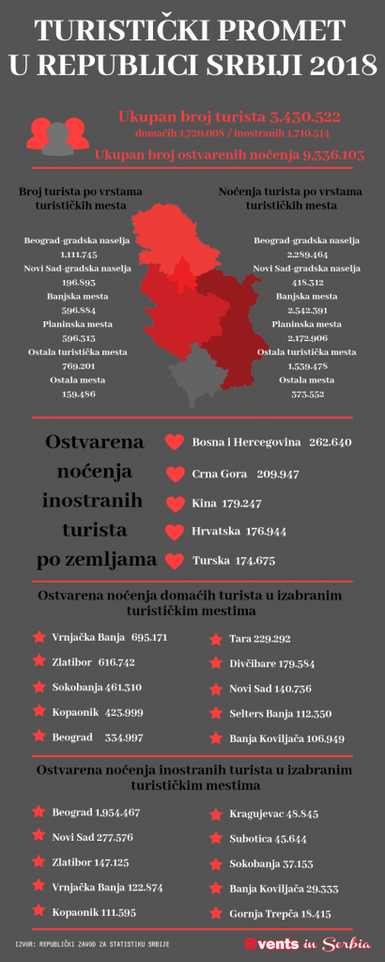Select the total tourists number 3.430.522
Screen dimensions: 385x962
click(x=312, y=117)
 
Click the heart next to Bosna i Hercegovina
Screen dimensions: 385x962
click(x=173, y=442)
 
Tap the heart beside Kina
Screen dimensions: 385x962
click(x=173, y=503)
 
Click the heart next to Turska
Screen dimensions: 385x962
click(x=173, y=561)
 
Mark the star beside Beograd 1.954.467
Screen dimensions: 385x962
click(x=38, y=811)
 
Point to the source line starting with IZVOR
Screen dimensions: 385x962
click(x=93, y=943)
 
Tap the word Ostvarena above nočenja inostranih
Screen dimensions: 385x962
click(x=93, y=442)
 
